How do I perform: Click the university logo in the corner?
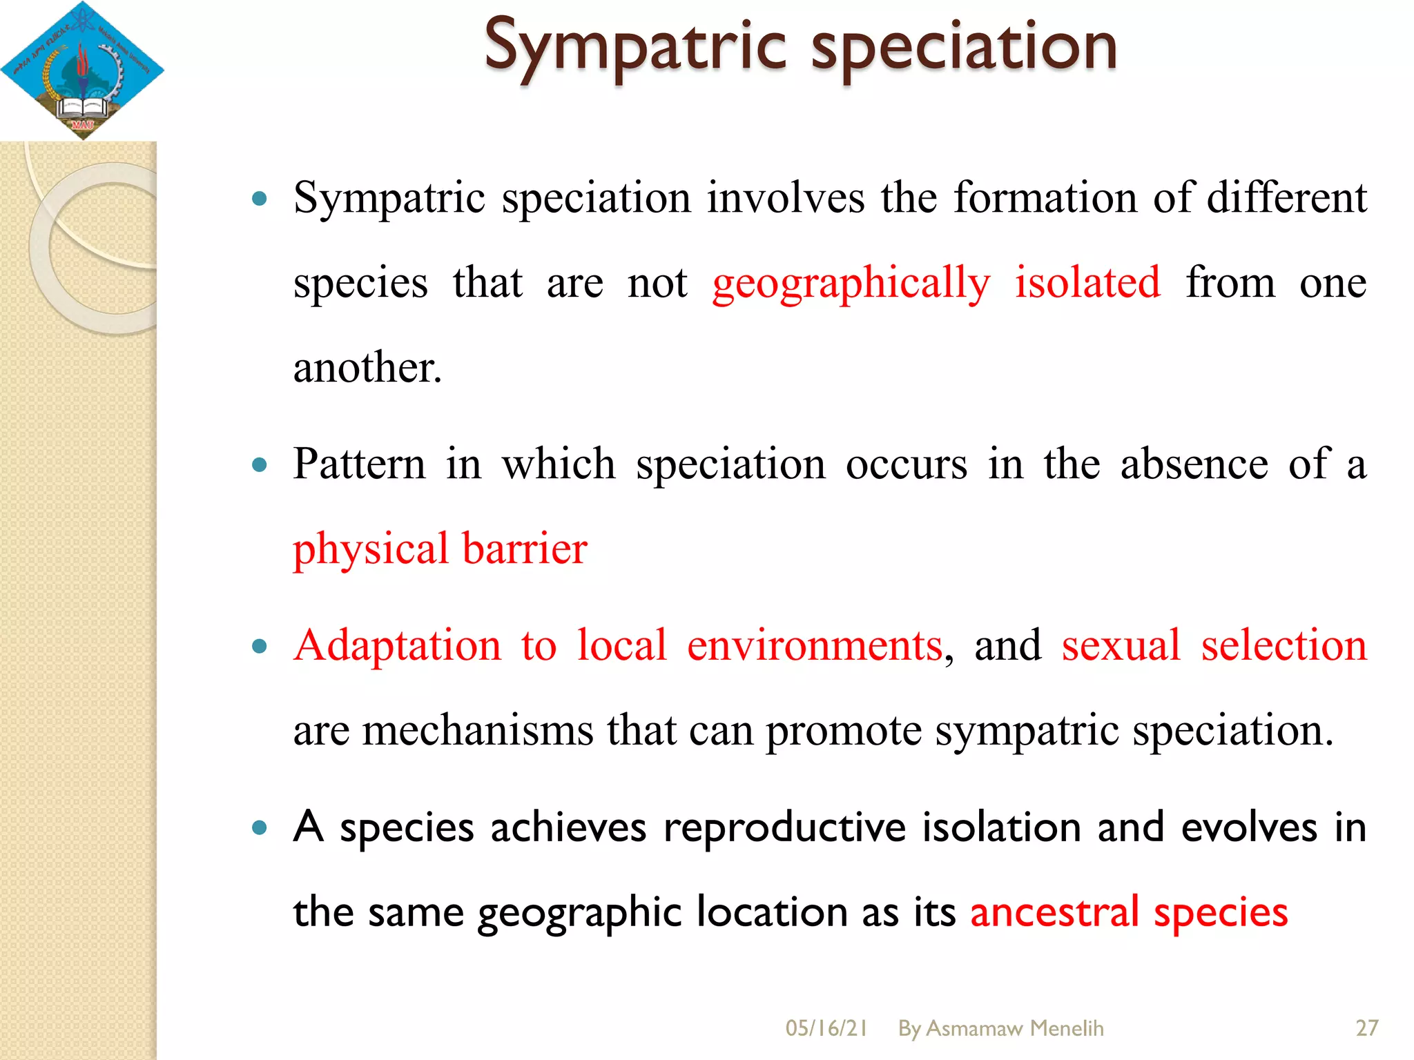tap(81, 70)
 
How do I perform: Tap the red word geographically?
tap(851, 283)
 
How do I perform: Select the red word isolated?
tap(1087, 282)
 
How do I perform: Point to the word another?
tap(367, 367)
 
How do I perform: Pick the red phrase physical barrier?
tap(440, 549)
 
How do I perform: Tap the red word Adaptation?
tap(397, 646)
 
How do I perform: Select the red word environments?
tap(815, 646)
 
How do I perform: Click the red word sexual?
tap(1121, 646)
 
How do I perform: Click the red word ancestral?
tap(1054, 912)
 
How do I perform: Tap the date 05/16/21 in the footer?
tap(826, 1028)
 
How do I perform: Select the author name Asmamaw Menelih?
tap(1014, 1028)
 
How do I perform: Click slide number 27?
tap(1366, 1028)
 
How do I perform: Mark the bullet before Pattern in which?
tap(260, 465)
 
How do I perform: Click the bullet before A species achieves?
tap(260, 827)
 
